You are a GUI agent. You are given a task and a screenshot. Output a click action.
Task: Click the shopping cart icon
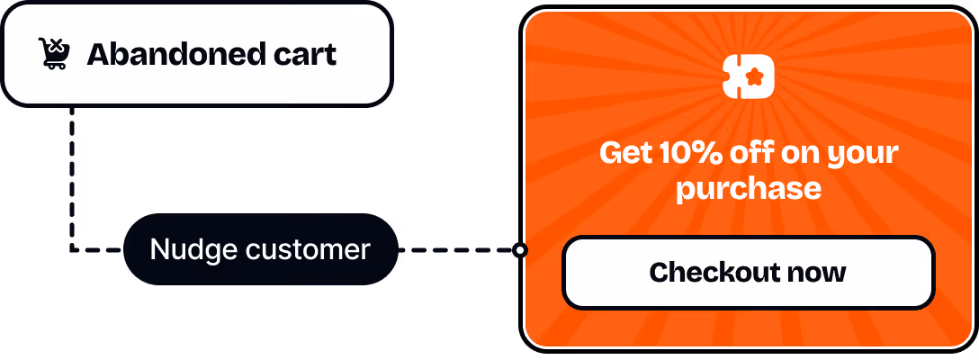tap(55, 54)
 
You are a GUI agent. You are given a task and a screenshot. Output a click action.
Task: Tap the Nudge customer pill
tap(260, 249)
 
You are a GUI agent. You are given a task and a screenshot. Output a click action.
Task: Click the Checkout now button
tap(748, 272)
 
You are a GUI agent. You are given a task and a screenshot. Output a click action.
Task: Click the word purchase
tap(749, 189)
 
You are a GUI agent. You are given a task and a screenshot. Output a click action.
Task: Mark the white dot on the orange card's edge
tap(521, 250)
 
